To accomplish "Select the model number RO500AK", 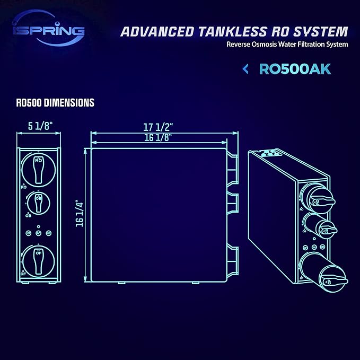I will pyautogui.click(x=295, y=69).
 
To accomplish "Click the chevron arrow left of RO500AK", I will pyautogui.click(x=245, y=69).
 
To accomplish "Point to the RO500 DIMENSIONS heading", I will pyautogui.click(x=55, y=103).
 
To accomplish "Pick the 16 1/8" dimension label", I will pyautogui.click(x=159, y=137).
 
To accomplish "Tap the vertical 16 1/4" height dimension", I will pyautogui.click(x=80, y=213).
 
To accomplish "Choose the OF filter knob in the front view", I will pyautogui.click(x=39, y=258).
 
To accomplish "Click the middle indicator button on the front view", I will pyautogui.click(x=39, y=233).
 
